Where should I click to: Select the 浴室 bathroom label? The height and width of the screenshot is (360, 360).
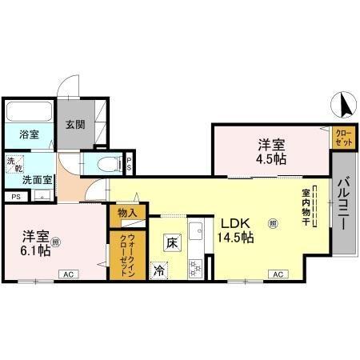(29, 134)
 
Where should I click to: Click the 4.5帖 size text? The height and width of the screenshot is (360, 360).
(271, 158)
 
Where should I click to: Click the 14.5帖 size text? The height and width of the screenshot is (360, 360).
(236, 238)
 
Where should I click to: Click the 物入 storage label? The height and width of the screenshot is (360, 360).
(128, 213)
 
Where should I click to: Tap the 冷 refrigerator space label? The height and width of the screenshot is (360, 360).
(159, 270)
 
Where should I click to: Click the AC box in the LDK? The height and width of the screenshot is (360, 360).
(278, 274)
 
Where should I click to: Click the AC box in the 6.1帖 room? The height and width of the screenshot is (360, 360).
(68, 274)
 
